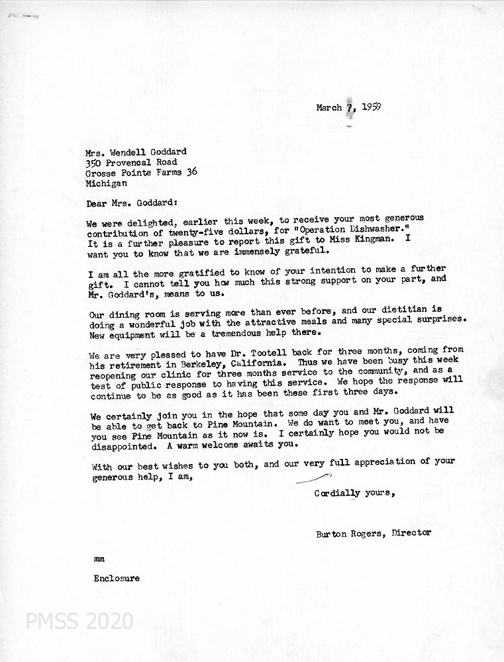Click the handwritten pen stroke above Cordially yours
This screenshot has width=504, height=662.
pos(313,478)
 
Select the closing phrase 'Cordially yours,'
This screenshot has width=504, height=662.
pos(355,493)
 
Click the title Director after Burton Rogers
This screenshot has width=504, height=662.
pos(411,532)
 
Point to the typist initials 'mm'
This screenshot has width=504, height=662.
pos(99,559)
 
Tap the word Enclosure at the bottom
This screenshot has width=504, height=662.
pos(117,578)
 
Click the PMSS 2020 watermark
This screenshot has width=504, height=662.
pos(79,621)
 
